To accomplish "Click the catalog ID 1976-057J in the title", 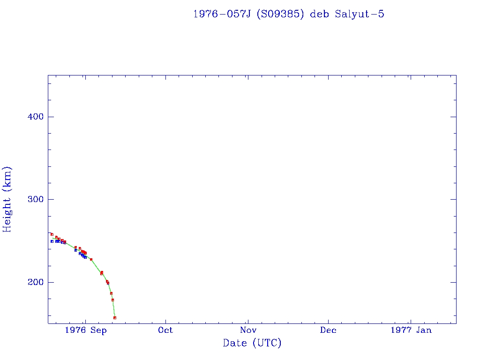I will coord(219,14).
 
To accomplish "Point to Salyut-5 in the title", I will coord(360,14).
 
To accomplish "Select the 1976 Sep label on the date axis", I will coord(86,330).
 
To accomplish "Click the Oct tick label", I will coord(165,330).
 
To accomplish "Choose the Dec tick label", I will coord(328,330).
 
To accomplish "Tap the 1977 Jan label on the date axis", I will coord(411,330).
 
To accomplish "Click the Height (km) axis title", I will coord(7,199).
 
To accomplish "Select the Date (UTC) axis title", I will coord(252,344).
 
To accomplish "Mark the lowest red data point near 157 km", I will coord(115,318).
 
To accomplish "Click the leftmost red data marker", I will coord(52,234).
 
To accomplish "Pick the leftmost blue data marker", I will coord(52,241).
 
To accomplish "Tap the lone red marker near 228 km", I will coord(91,259).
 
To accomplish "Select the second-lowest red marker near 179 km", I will coord(112,300).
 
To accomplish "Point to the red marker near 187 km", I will coord(111,293).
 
